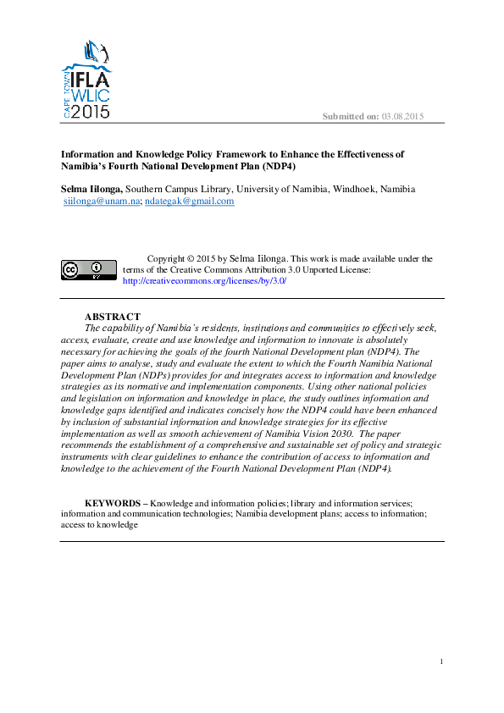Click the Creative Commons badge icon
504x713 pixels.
point(88,269)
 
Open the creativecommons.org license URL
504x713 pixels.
point(204,280)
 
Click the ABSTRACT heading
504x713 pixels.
point(113,317)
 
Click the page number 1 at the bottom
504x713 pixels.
point(442,660)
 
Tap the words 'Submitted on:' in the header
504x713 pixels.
point(351,116)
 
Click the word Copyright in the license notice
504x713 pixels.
point(167,259)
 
